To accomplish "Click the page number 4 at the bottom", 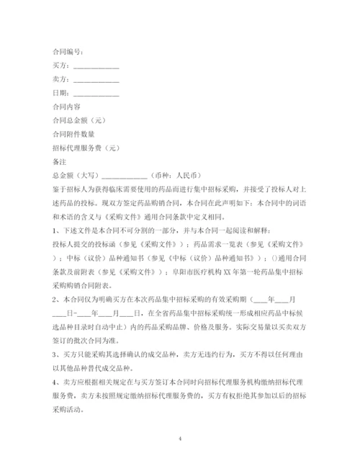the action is pos(180,437).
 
